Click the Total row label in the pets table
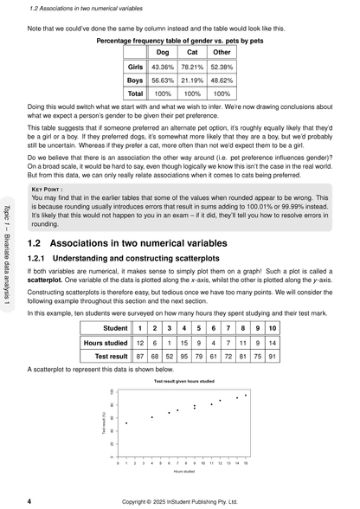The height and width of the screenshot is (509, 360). click(135, 93)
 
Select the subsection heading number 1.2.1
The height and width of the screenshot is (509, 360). click(38, 259)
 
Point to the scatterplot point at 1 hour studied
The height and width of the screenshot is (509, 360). click(126, 423)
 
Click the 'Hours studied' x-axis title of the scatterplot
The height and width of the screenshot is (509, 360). click(183, 472)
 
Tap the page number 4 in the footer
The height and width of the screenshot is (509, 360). click(30, 500)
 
